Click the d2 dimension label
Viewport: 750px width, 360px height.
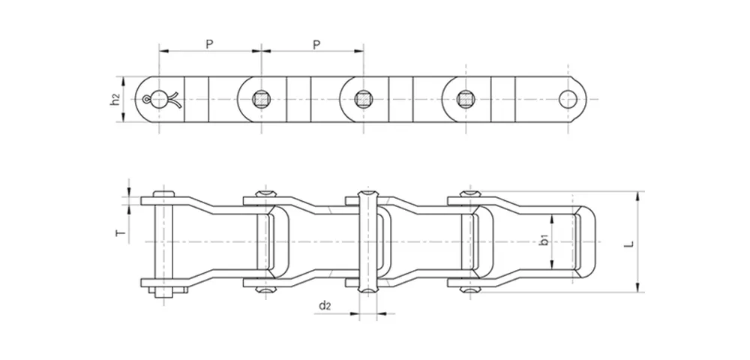[x=324, y=304]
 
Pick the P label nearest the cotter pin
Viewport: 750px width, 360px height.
[x=209, y=44]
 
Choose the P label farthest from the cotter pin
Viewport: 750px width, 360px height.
[x=316, y=44]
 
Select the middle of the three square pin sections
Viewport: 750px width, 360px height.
[x=364, y=97]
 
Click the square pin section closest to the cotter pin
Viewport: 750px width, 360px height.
[x=260, y=97]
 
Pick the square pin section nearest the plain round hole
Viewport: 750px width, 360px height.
[x=466, y=97]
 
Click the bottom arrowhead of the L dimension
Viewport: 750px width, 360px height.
[x=638, y=288]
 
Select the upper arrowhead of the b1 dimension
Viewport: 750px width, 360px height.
[x=553, y=217]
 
